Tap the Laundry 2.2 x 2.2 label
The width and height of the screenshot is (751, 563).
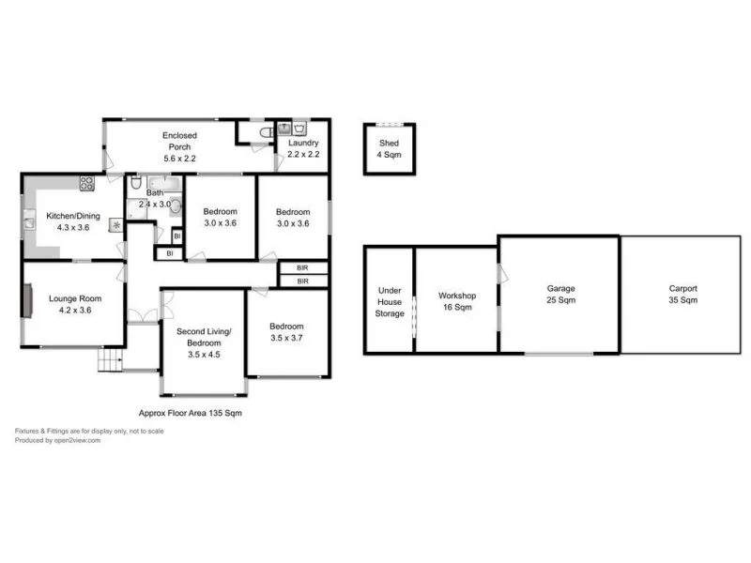(x=303, y=148)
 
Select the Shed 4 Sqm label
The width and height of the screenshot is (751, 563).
(x=389, y=149)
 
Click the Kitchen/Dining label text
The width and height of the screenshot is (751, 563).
(x=67, y=222)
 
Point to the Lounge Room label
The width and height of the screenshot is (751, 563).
(x=74, y=304)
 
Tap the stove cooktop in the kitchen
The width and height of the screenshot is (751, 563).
(x=86, y=184)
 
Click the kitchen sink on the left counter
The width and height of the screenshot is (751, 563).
(x=27, y=222)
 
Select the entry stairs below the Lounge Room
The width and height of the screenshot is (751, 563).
(x=111, y=358)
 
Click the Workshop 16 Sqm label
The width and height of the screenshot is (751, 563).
(x=456, y=301)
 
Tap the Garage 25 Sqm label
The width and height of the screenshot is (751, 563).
(x=560, y=295)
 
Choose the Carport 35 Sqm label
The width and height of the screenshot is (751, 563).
(x=682, y=295)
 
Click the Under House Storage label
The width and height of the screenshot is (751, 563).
(x=389, y=302)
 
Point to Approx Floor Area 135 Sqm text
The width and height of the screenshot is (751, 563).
(x=190, y=413)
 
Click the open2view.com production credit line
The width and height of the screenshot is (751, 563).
(x=57, y=439)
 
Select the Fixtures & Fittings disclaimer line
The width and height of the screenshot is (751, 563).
(x=88, y=431)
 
